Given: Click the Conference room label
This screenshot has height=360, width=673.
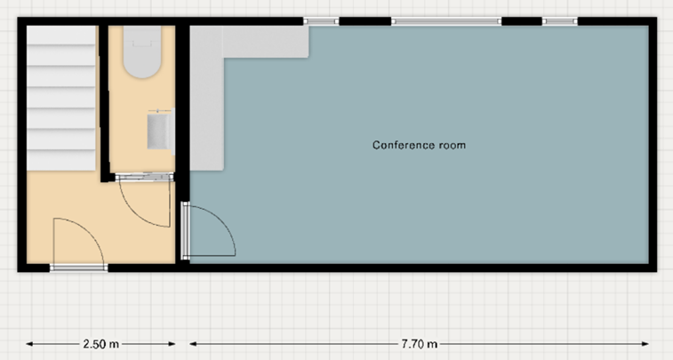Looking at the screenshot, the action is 419,145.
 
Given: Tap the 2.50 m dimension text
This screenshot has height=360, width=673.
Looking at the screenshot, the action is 100,344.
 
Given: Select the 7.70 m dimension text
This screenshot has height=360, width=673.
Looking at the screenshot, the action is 420,344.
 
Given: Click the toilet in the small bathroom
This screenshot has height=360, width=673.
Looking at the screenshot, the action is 142,52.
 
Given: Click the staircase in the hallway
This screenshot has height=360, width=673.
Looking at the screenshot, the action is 61,98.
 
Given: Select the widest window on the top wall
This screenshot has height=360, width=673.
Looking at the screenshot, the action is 446,21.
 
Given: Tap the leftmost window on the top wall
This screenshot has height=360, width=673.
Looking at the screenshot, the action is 321,21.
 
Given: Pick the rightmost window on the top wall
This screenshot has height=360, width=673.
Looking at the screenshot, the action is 560,21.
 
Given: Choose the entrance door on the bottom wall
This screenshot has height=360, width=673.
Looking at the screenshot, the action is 78,268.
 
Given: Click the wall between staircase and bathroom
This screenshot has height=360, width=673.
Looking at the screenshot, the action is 103,103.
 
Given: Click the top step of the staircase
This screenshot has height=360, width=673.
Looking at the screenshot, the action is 61,35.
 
